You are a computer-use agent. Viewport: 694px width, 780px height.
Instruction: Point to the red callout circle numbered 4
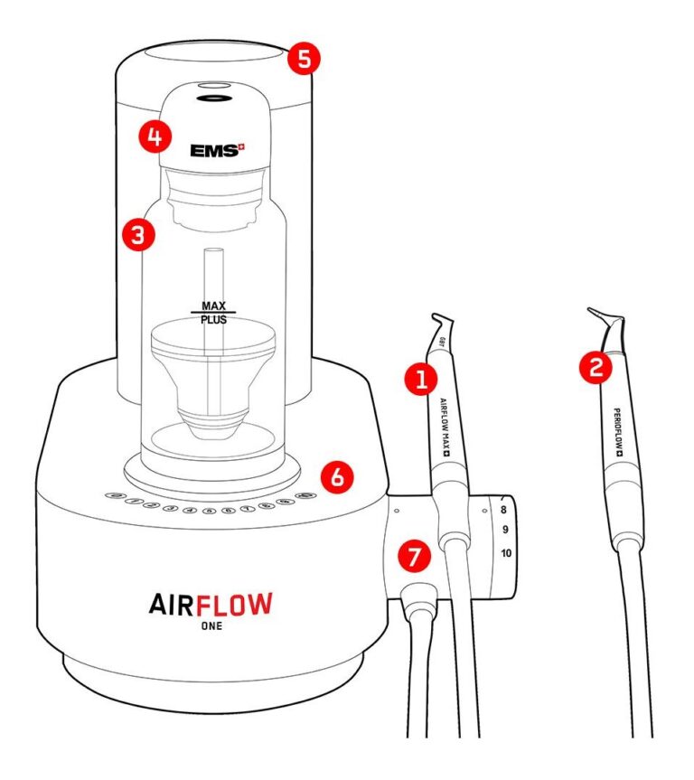click(155, 136)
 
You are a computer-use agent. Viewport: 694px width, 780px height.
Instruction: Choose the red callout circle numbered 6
click(336, 476)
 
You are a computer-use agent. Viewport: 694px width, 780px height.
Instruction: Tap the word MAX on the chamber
click(213, 305)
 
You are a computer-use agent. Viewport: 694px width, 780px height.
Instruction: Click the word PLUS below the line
click(213, 321)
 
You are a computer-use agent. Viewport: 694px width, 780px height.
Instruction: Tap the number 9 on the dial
click(504, 529)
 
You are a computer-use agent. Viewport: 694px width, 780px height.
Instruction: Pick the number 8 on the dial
click(503, 511)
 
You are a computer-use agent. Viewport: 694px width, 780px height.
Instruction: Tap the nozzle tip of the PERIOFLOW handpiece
click(590, 310)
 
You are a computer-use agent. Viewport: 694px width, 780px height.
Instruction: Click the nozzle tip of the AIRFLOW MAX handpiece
click(433, 315)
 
